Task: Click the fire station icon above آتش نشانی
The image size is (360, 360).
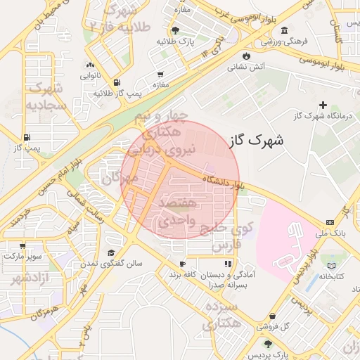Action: (x=245, y=56)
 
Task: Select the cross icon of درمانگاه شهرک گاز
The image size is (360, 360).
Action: (x=323, y=104)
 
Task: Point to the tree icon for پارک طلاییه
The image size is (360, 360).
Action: (x=174, y=30)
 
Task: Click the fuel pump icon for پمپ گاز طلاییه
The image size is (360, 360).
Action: (x=116, y=82)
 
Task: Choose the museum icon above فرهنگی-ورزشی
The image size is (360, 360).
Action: (x=283, y=30)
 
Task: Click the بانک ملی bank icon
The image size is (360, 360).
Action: (x=330, y=221)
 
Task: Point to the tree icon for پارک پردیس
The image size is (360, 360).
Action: (x=267, y=344)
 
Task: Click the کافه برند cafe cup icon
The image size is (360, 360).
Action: (x=181, y=264)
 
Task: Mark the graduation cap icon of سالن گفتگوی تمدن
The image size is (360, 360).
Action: (x=110, y=252)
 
